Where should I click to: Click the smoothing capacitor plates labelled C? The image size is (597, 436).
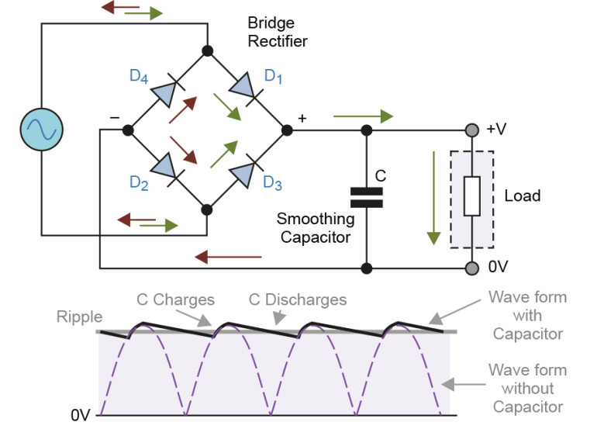(x=366, y=197)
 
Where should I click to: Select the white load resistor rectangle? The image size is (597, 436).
(x=472, y=196)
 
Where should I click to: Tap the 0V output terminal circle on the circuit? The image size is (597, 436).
(x=471, y=268)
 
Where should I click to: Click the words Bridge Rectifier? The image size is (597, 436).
(x=277, y=33)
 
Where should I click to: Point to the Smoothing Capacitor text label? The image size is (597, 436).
(x=316, y=228)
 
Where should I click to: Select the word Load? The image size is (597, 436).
(x=522, y=196)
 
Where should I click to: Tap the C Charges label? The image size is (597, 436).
(x=175, y=299)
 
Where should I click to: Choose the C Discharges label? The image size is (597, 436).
(x=297, y=299)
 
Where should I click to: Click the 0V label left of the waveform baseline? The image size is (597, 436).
(x=81, y=415)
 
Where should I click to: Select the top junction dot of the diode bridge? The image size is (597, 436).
(x=208, y=51)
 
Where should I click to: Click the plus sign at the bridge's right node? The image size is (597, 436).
(x=302, y=118)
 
